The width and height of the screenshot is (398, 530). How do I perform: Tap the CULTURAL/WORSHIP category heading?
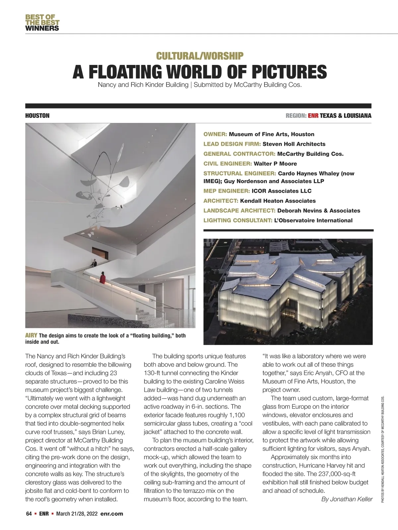pos(200,56)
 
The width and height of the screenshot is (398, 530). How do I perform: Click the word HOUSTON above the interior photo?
pos(37,116)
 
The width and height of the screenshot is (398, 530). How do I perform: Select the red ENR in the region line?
pos(313,116)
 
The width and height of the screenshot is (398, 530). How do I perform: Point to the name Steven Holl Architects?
pos(294,144)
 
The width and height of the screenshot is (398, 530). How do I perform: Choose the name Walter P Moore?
pos(275,164)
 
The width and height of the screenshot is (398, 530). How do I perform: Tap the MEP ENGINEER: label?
pos(227,191)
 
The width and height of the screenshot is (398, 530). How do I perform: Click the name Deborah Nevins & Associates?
pos(319,211)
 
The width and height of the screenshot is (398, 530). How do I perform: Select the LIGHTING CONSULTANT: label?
pos(238,220)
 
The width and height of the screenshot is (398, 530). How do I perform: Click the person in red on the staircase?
pos(103,278)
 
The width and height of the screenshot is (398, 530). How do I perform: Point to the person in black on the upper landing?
pos(94,263)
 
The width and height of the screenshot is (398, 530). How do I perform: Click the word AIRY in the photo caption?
pos(32,336)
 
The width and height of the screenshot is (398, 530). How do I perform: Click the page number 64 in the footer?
pos(29,514)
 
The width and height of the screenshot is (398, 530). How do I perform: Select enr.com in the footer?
pos(111,514)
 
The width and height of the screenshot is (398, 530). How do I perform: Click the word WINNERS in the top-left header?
pos(42,28)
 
